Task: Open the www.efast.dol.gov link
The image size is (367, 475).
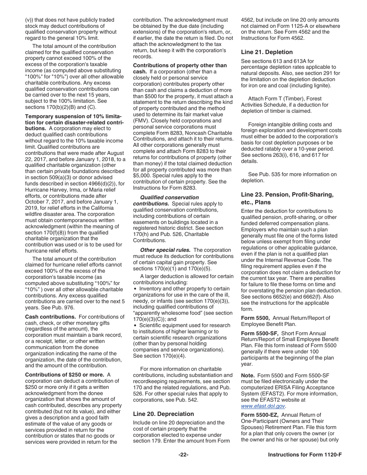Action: coord(263,406)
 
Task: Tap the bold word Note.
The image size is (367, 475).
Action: coord(248,375)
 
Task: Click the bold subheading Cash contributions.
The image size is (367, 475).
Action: coord(50,317)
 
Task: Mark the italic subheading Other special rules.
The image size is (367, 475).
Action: coord(165,250)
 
